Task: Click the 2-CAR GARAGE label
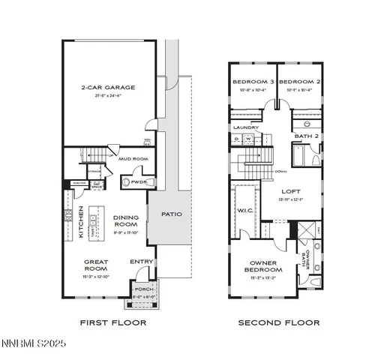[x=108, y=88]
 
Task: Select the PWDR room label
[x=139, y=181]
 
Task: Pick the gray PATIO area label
[x=171, y=214]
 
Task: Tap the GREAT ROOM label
[x=96, y=265]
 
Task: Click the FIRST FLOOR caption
[x=112, y=323]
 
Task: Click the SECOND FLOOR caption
[x=279, y=323]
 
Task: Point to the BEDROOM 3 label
[x=251, y=81]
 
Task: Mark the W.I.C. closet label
[x=244, y=210]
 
